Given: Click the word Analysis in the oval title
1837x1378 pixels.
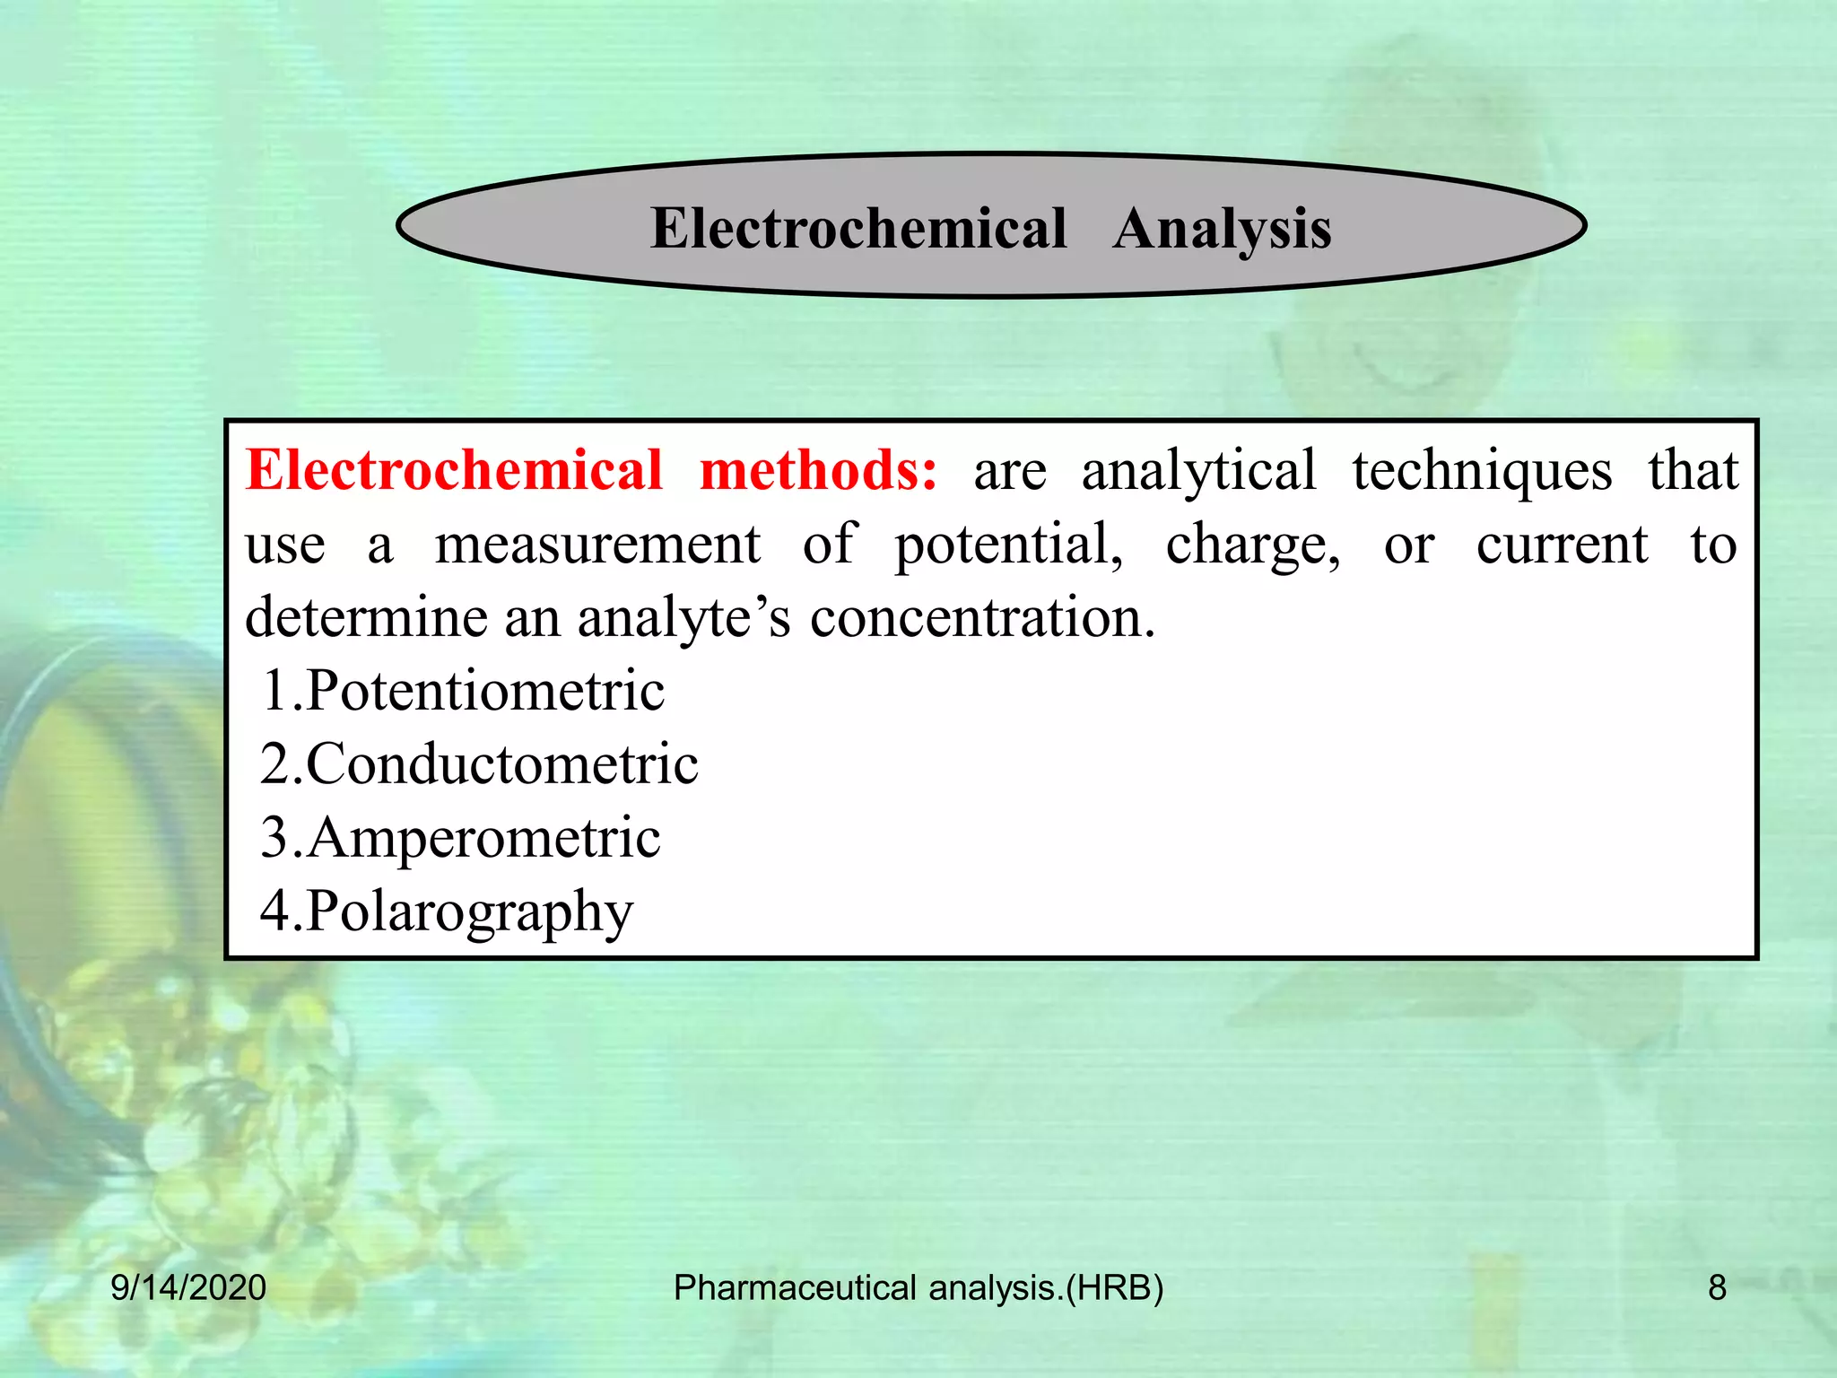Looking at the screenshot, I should coord(1222,229).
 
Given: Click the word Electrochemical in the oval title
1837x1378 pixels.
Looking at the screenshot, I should coord(858,228).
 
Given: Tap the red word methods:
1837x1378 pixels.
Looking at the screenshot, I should coord(818,470).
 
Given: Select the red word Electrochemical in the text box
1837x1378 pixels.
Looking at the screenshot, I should coord(454,470).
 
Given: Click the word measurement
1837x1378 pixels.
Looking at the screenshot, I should coord(597,545).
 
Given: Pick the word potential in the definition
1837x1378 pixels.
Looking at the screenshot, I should coord(1008,545).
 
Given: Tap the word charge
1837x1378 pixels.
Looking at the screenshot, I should coord(1253,545).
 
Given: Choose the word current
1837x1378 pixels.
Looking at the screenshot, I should coord(1562,545).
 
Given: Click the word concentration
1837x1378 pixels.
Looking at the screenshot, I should coord(983,618).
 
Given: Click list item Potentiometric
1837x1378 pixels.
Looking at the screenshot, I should coord(484,691).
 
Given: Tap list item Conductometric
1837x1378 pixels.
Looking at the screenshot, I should coord(501,764).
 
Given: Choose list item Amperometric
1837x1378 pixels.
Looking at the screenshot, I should coord(483,838).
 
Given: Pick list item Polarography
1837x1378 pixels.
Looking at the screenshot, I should coord(469,912).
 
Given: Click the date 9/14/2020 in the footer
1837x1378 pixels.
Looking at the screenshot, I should coord(188,1288).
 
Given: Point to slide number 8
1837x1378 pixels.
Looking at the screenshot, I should coord(1717,1288).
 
